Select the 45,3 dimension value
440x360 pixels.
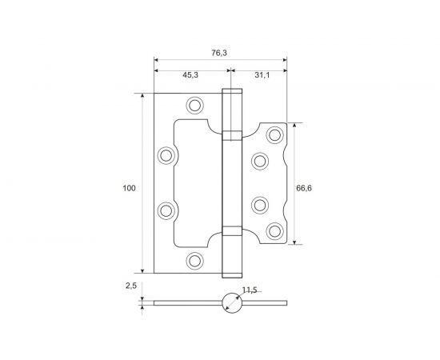pos(190,74)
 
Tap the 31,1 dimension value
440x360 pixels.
pos(260,74)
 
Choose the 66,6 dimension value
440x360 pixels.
pos(303,188)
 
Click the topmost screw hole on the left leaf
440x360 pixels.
pos(194,105)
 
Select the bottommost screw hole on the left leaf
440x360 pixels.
pos(194,260)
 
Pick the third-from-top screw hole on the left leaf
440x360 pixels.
pos(166,210)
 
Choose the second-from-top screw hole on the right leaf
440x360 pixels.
pos(259,161)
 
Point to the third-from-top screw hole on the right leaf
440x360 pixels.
pos(259,204)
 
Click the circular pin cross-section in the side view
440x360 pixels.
pos(230,303)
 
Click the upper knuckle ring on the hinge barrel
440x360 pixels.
pos(230,134)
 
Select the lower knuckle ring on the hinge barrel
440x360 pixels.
pos(230,231)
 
